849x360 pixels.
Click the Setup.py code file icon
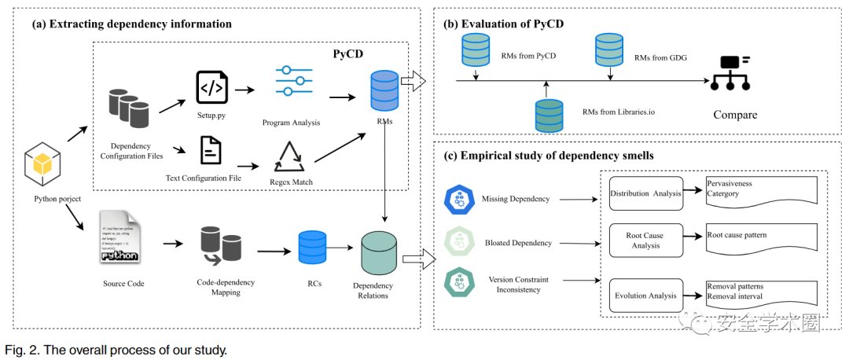[212, 87]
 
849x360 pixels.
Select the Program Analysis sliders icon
[294, 82]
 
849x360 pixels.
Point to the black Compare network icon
[730, 72]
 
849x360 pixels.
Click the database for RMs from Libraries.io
[548, 115]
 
